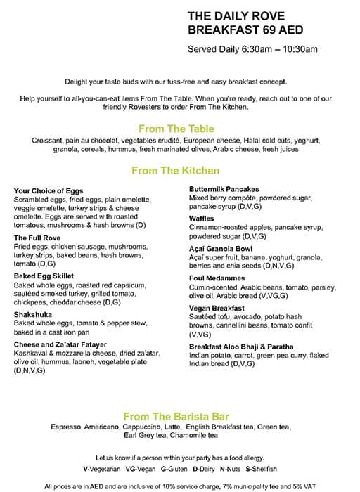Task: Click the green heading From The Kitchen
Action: pyautogui.click(x=175, y=171)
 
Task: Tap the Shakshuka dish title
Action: pyautogui.click(x=34, y=314)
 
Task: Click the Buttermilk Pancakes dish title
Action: pyautogui.click(x=224, y=189)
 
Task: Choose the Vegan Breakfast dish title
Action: pyautogui.click(x=217, y=309)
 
